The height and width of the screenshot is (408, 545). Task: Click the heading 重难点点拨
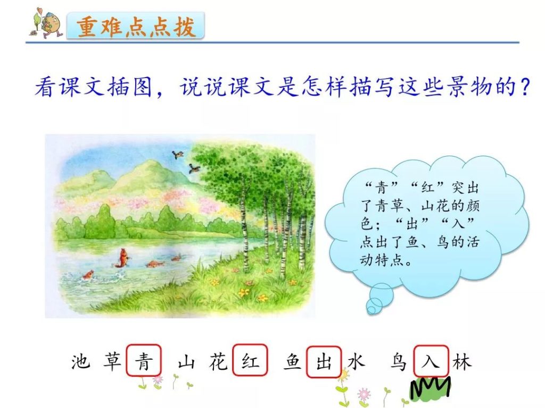point(136,26)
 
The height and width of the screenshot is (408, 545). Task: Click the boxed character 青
point(144,361)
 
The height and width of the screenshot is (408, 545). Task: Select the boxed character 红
point(250,360)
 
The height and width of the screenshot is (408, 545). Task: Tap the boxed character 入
point(431,361)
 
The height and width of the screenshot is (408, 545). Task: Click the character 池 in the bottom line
point(81,361)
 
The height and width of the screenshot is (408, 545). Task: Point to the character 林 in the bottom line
point(463,361)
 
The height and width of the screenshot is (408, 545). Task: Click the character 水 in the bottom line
point(356,361)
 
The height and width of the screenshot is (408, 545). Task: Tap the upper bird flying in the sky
point(178,154)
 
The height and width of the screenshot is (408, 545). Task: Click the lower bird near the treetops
point(194,168)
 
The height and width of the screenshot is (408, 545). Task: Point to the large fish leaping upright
point(123,258)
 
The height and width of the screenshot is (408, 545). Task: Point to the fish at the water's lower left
point(88,276)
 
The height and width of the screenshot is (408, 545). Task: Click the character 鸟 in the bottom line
point(399,361)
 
